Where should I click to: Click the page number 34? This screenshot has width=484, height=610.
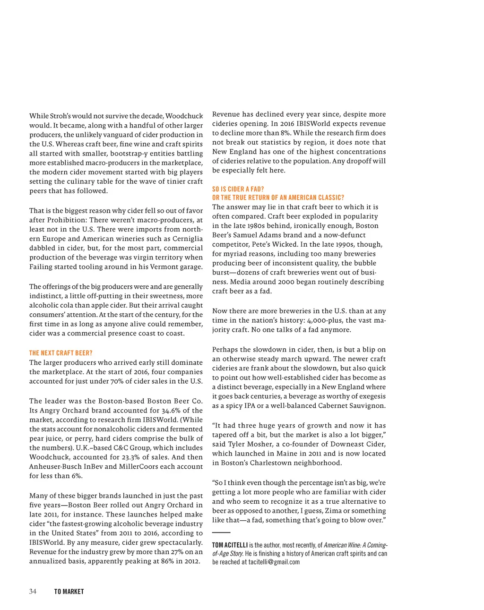(x=33, y=591)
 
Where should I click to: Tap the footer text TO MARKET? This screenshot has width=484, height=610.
(x=69, y=592)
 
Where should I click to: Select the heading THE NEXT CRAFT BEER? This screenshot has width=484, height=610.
(x=61, y=353)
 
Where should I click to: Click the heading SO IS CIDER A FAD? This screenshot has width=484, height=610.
(x=238, y=189)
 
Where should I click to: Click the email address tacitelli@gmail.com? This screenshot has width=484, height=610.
(x=274, y=562)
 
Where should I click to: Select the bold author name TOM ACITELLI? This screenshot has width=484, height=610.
(x=230, y=545)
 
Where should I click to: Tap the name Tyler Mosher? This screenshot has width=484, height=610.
(x=250, y=444)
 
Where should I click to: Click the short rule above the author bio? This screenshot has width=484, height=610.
(x=221, y=533)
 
